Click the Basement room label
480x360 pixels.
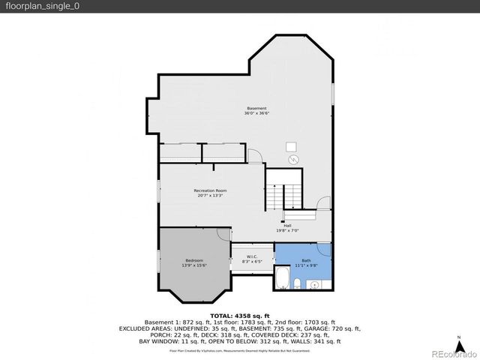point(256,108)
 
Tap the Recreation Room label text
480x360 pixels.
point(210,190)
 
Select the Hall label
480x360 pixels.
point(287,225)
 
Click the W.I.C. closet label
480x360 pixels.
point(253,256)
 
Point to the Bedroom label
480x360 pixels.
point(193,260)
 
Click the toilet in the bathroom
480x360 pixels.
point(298,283)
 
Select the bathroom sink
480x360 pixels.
point(313,283)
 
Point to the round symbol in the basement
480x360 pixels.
point(294,160)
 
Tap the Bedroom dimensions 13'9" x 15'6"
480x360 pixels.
point(193,265)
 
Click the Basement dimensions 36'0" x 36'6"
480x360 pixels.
point(256,113)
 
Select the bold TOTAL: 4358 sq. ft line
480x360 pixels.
point(239,316)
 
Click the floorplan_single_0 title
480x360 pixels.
point(42,6)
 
